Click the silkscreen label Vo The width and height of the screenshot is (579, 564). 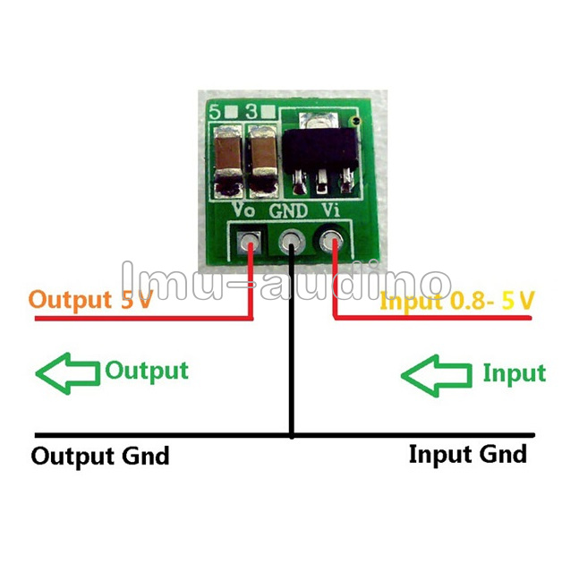coord(243,210)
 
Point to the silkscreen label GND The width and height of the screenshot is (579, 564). coord(288,210)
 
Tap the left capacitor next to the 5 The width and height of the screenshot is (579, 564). coord(226,159)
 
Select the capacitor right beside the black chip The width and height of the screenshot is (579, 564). coord(263,159)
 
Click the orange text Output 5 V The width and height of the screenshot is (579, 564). coord(90,299)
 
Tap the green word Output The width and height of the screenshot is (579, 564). coord(147,370)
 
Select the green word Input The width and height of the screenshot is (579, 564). coord(514,372)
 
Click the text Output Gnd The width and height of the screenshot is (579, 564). coord(100,456)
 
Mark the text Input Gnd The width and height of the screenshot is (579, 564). coord(467,454)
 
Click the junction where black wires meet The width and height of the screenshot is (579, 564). coord(292,437)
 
